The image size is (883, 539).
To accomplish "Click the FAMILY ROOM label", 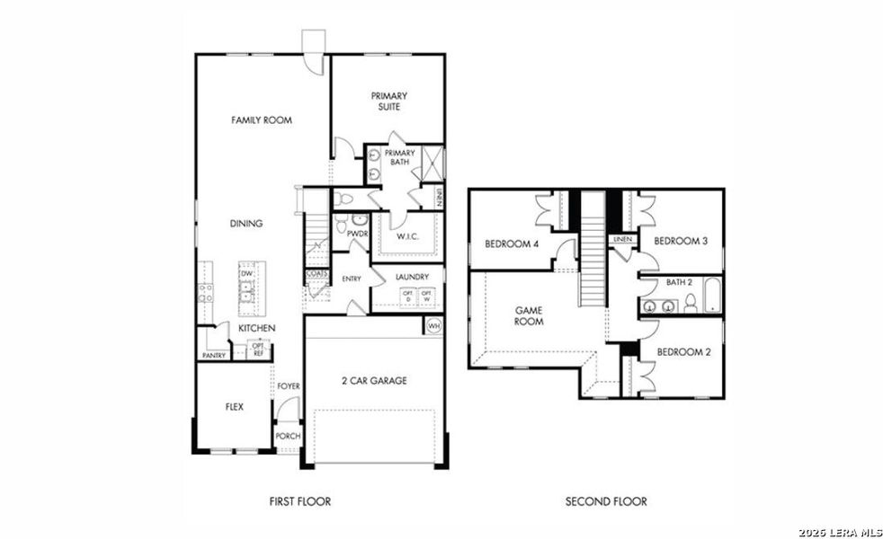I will point(261,119).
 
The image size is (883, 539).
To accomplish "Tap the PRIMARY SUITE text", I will point(389,102).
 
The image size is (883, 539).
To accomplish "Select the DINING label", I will point(245,224).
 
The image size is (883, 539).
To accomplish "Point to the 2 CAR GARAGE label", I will point(373,381).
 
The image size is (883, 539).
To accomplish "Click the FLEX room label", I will point(234,407).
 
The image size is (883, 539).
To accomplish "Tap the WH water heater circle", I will point(434,325).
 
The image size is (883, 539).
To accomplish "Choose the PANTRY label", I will point(213,356).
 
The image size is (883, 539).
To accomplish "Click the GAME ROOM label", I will point(529,315).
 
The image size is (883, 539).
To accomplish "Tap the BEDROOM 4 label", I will point(512,243).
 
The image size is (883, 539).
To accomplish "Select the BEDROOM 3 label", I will point(681,241).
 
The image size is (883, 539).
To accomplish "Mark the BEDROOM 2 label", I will point(683,352).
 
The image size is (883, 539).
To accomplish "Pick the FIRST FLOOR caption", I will point(300,501).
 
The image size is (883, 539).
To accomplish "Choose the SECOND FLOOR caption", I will point(606,501).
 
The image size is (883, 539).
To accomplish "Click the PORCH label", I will point(289,437).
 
